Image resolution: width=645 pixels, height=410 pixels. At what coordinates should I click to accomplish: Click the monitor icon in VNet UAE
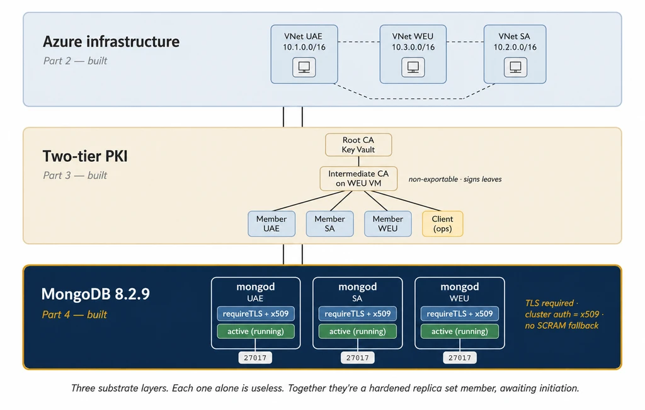304,67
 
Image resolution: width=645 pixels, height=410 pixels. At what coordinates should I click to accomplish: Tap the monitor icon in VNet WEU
413,67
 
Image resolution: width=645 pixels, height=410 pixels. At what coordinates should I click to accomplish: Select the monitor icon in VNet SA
515,67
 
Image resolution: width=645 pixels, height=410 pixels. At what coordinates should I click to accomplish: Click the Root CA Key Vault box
358,145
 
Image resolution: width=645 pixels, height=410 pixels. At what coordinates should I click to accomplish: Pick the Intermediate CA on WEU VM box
358,178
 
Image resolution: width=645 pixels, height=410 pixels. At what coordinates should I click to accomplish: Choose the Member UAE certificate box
271,224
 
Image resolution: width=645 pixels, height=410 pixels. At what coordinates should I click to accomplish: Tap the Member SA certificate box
329,224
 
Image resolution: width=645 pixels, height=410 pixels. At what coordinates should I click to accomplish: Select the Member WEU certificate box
388,224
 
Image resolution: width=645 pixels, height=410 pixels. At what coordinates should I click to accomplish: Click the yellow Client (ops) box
443,224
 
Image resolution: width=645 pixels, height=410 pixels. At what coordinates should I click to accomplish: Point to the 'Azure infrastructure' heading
111,42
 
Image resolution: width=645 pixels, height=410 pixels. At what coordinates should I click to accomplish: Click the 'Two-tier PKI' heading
85,156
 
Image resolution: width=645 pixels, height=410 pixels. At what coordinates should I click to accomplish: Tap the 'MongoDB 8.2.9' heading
96,294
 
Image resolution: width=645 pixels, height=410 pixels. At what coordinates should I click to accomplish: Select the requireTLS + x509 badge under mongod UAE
256,314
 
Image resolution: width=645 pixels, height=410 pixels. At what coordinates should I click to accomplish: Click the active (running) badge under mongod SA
358,331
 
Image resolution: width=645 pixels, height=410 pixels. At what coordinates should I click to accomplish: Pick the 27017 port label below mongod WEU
459,358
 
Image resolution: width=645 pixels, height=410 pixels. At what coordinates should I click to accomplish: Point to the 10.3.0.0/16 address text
413,47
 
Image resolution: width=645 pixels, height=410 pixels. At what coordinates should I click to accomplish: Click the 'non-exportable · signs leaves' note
455,179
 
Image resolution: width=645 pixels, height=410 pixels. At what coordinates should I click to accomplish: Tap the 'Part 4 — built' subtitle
74,315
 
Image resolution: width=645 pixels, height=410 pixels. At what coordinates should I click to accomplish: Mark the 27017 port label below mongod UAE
255,358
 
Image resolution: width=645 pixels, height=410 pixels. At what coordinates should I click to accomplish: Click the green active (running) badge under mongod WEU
459,331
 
